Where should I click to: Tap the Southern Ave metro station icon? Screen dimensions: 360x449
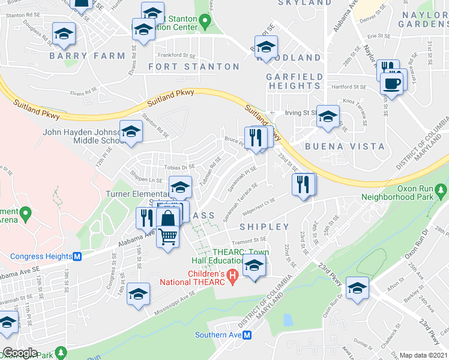point(247,335)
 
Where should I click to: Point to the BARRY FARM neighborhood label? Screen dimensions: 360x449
point(88,56)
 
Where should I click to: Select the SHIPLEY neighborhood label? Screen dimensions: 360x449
point(265,227)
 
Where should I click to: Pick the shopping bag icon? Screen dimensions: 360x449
point(169,218)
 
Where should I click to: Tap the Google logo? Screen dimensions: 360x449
point(20,353)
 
